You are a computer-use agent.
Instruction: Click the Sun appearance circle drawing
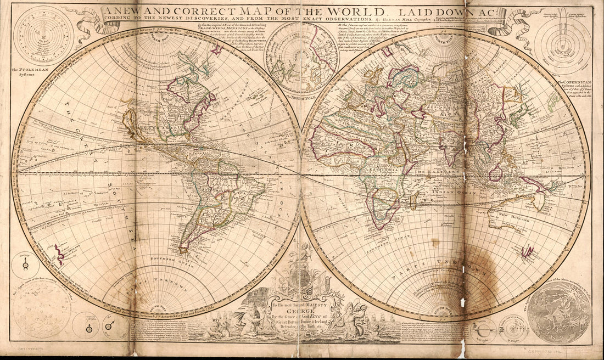(41, 309)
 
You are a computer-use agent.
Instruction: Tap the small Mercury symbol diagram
(25, 266)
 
